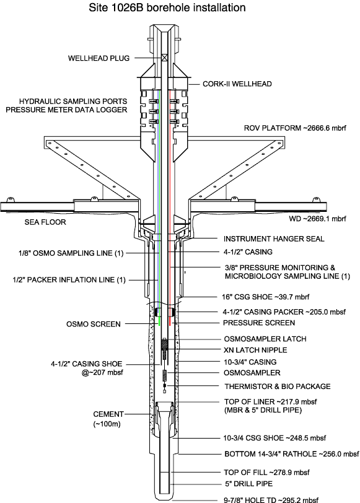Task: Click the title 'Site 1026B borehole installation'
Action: tap(167, 7)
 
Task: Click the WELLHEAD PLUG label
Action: tap(99, 58)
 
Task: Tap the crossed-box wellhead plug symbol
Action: tap(165, 58)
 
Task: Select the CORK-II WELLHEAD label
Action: tap(237, 84)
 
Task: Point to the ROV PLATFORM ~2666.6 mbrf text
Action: tap(295, 128)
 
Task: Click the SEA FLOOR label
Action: tap(45, 222)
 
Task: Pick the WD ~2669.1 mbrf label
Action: tap(318, 219)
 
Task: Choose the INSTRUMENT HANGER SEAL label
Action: tap(274, 238)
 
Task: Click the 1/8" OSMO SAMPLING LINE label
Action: tap(71, 253)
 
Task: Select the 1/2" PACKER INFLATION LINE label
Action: tap(69, 280)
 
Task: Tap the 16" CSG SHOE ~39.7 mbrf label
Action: tap(265, 297)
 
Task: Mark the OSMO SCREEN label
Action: tap(94, 324)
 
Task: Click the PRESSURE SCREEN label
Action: tap(259, 323)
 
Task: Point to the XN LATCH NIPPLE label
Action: tap(255, 350)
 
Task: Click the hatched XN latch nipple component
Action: tap(165, 349)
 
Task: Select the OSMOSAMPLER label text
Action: tap(252, 373)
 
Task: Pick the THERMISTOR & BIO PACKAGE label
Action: tap(278, 387)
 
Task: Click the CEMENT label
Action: tap(108, 414)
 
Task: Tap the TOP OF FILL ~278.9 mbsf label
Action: tap(266, 472)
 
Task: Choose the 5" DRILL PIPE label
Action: tap(249, 483)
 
